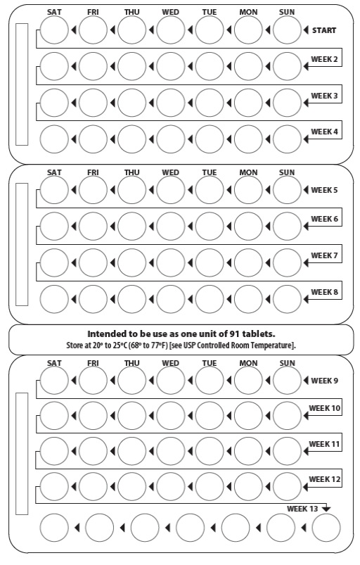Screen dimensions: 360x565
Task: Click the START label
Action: (326, 30)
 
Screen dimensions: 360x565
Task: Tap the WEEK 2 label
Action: (325, 59)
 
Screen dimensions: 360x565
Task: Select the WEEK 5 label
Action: (324, 190)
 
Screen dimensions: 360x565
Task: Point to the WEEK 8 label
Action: (325, 292)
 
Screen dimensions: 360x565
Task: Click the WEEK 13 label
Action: (303, 508)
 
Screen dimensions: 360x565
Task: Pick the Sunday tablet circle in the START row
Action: (287, 30)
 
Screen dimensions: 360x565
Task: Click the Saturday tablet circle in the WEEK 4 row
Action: (54, 139)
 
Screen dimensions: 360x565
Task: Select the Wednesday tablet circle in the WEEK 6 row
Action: (170, 226)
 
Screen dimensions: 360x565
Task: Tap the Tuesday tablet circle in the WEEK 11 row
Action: (209, 451)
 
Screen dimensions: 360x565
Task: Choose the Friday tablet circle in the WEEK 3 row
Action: (93, 102)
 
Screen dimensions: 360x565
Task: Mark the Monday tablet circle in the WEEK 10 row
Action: (248, 415)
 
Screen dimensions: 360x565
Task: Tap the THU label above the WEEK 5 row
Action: (131, 172)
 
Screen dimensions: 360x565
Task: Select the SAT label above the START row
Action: (54, 13)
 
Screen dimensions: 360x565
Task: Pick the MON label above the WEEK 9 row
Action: (248, 363)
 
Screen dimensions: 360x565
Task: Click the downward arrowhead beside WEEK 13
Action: (326, 509)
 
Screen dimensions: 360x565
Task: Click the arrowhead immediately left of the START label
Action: (305, 30)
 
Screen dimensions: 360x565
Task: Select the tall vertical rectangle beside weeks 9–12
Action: (22, 454)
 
